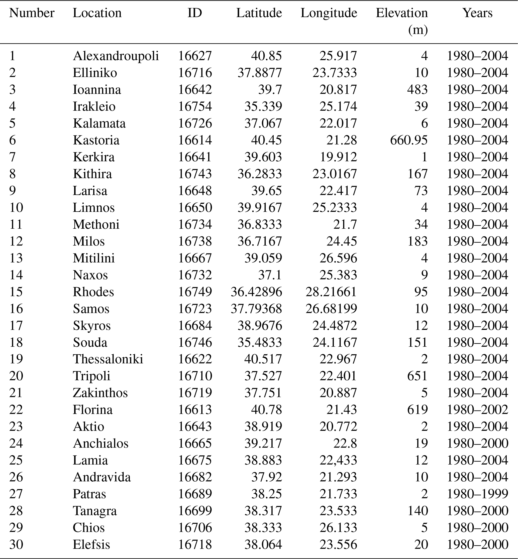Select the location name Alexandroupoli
[116, 56]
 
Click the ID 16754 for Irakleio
[195, 106]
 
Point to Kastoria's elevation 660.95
[409, 140]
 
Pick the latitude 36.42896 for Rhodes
[256, 292]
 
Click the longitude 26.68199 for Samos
[331, 309]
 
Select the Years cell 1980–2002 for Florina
[477, 410]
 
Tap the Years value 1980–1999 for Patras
[477, 494]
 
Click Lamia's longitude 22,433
[338, 460]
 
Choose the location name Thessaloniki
[108, 359]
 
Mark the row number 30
[16, 544]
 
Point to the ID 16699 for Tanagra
[195, 511]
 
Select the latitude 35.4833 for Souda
[260, 342]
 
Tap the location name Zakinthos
[100, 393]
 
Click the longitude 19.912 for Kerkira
[338, 157]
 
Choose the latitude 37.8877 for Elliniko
[260, 73]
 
